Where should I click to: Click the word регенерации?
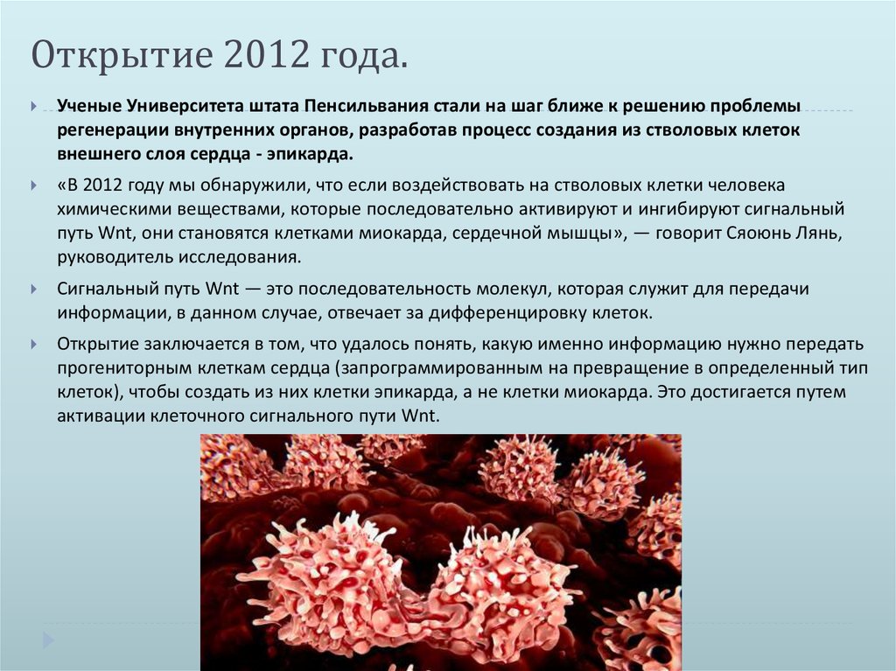112,130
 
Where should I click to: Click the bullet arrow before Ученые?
33,107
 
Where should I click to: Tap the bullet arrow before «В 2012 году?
33,186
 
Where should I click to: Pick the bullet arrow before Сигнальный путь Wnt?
33,289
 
